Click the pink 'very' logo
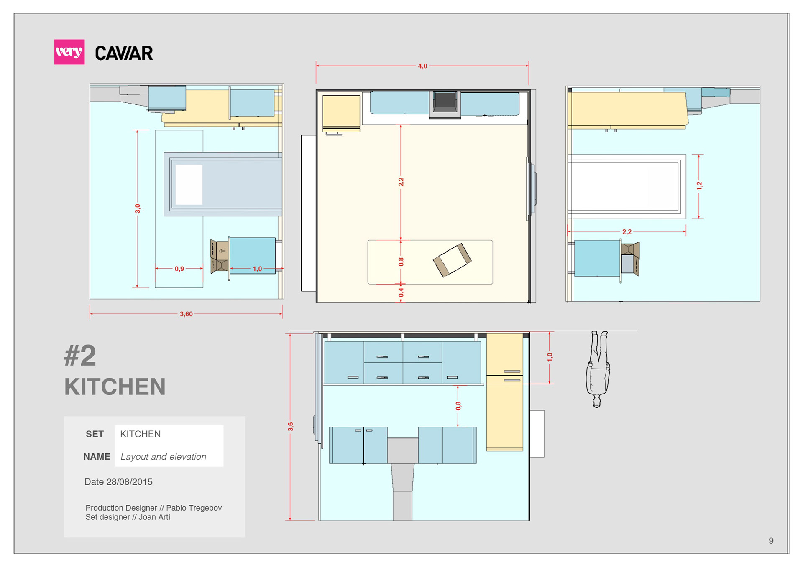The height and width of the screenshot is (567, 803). click(69, 52)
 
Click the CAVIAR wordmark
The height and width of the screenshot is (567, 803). click(124, 53)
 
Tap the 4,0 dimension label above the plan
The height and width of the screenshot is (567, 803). click(422, 66)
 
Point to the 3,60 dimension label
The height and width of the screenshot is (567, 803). click(186, 314)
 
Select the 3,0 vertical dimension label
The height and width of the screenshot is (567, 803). click(138, 208)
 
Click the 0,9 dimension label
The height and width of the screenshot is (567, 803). click(179, 269)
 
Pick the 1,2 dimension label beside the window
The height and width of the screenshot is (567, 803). click(699, 186)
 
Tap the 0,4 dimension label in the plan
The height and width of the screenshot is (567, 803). click(401, 292)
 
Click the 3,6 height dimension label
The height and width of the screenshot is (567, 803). click(291, 427)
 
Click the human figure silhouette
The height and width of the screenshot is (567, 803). click(598, 369)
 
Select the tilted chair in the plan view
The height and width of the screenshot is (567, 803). click(452, 260)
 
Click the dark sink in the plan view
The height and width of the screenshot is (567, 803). click(445, 104)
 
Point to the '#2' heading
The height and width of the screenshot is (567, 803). click(80, 356)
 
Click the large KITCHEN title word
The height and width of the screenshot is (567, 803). click(115, 386)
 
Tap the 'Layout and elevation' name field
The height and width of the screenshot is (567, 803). click(164, 457)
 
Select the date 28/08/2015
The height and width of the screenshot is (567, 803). click(129, 482)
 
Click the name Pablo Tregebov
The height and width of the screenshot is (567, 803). click(194, 508)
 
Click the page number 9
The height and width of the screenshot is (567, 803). click(771, 541)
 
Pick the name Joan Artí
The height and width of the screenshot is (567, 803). click(154, 517)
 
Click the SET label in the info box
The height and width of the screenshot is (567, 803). click(95, 434)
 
